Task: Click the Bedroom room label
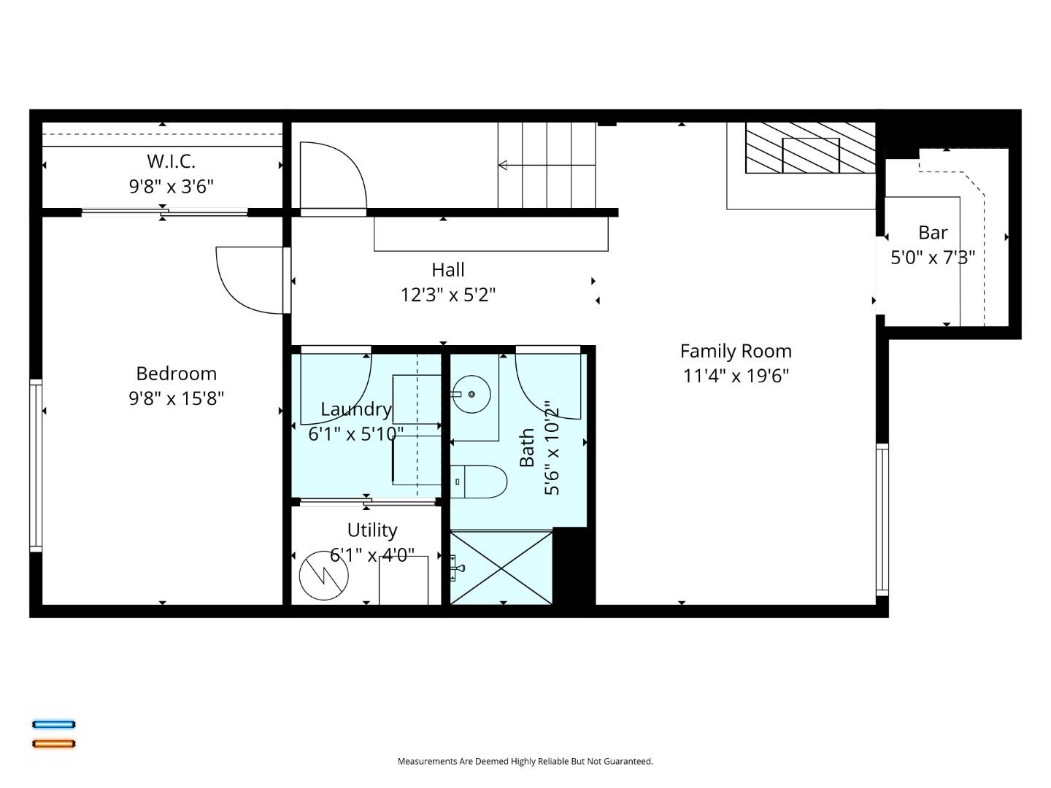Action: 176,374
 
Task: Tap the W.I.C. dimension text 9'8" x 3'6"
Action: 172,187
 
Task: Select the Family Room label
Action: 736,351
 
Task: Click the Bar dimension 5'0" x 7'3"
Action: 933,258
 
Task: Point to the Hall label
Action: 448,270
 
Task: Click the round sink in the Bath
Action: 471,394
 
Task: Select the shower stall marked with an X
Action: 501,567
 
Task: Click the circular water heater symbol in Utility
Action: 323,575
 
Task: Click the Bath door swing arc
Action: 547,387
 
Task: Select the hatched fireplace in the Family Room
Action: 810,148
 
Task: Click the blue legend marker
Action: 54,725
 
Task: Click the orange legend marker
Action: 54,743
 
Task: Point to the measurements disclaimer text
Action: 525,761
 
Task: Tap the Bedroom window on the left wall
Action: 36,464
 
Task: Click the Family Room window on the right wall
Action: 882,519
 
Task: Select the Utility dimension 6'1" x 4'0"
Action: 372,555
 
